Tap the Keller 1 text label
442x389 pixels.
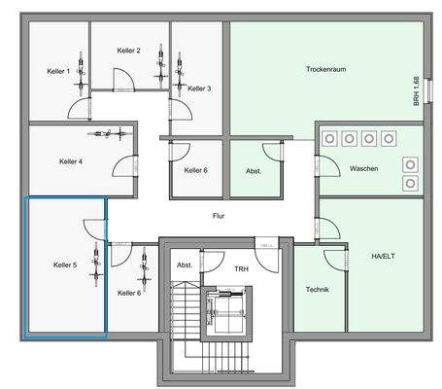point(58,72)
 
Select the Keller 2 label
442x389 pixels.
point(128,51)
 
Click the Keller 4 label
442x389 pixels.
point(70,161)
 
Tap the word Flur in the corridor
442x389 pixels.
point(220,217)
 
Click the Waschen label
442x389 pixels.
point(365,168)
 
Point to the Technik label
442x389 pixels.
point(318,290)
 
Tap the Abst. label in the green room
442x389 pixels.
point(254,171)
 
